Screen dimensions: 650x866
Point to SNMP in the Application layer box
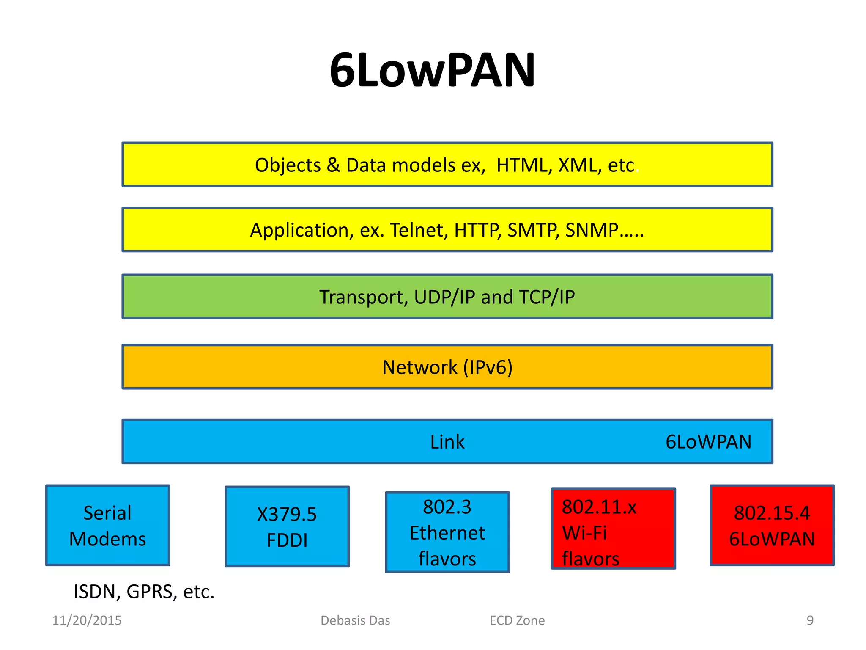coord(592,230)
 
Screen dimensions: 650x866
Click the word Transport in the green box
coord(363,297)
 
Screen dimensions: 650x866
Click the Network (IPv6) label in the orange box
coord(447,367)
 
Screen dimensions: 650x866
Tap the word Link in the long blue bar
coord(447,442)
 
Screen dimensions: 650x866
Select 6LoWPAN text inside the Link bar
coord(708,442)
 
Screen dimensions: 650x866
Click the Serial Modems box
coord(107,525)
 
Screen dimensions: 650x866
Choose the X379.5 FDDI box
coord(287,527)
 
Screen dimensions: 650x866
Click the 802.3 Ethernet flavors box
coord(447,532)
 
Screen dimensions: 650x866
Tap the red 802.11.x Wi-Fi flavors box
coord(613,529)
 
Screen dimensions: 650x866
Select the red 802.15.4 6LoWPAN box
coord(772,525)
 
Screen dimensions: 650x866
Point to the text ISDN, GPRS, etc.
coord(144,592)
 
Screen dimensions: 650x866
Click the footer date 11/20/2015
coord(87,620)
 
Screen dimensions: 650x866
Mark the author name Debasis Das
coord(355,620)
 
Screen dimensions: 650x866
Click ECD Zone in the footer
coord(517,620)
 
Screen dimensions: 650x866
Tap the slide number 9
coord(810,620)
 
